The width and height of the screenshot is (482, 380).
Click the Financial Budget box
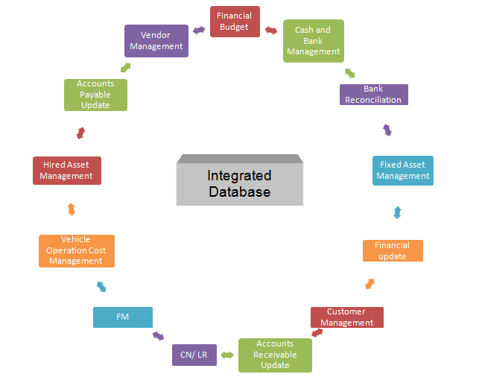(x=234, y=22)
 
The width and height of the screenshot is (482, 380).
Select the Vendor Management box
(x=156, y=41)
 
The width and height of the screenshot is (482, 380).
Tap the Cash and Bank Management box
(x=314, y=41)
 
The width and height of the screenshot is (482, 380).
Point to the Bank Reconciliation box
(x=373, y=95)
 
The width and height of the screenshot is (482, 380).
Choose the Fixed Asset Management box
(x=402, y=171)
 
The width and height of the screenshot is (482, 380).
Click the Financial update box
(x=393, y=251)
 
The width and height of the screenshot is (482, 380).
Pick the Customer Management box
(x=346, y=317)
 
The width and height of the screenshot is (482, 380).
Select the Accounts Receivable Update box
(x=275, y=355)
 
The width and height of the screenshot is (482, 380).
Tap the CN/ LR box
(x=194, y=355)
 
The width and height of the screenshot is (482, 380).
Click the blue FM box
(x=123, y=317)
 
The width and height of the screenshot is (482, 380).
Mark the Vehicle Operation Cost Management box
(x=77, y=251)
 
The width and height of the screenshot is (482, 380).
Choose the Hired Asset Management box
(x=66, y=171)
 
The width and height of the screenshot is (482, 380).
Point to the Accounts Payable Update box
(x=95, y=95)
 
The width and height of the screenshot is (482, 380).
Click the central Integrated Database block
(x=239, y=183)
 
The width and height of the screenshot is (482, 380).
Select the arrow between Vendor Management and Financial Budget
(x=199, y=31)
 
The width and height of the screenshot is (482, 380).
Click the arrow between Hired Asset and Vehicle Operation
(x=71, y=209)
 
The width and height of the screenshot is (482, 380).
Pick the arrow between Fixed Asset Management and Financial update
(x=397, y=212)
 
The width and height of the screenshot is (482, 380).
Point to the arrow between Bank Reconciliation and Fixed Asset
(x=387, y=130)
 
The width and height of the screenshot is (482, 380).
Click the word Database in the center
(x=239, y=192)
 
